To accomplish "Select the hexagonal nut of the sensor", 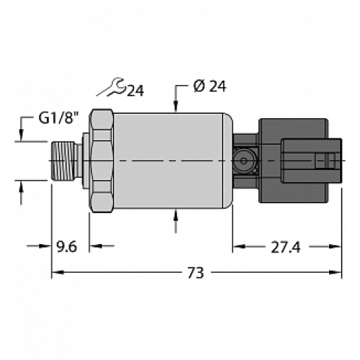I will tap(102, 161).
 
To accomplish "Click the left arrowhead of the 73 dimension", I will tap(56, 272).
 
